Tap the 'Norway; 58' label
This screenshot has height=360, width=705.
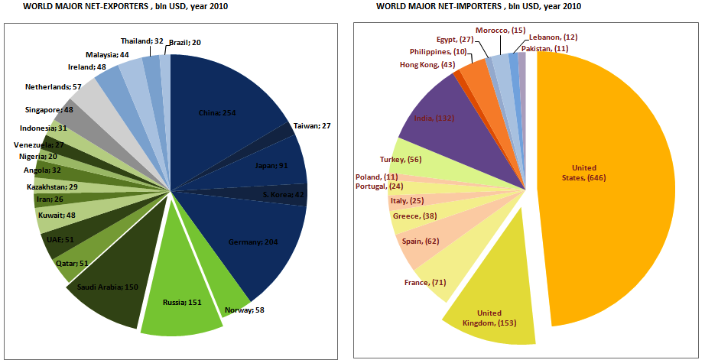pos(245,310)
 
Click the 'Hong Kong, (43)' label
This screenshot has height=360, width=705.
pos(427,65)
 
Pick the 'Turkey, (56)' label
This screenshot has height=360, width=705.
pos(401,159)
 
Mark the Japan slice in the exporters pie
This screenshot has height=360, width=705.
pos(271,164)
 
